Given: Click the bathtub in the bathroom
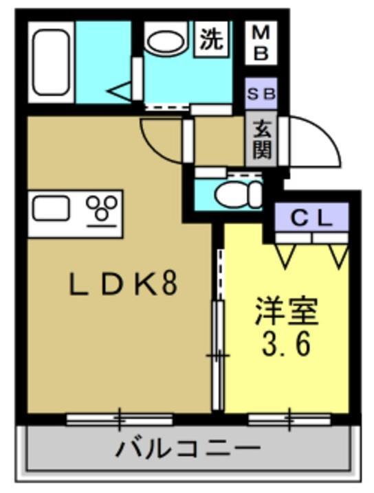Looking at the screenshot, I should click(50, 60).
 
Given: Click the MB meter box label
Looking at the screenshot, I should click(261, 43).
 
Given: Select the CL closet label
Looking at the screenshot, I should click(311, 219).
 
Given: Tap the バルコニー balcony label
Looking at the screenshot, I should click(188, 450).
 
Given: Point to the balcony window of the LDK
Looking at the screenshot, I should click(119, 417).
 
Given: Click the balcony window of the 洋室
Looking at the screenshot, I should click(289, 417).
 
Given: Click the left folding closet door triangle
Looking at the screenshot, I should click(287, 254).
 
